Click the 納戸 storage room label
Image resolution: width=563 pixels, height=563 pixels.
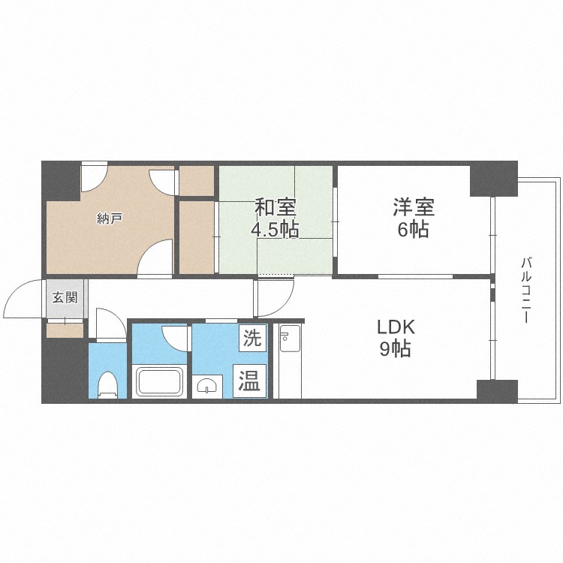pos(110,219)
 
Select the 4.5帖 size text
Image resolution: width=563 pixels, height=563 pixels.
pos(275,230)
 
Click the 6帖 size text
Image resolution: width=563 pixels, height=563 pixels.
pos(414,230)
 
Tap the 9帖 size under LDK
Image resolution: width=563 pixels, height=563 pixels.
pos(395,349)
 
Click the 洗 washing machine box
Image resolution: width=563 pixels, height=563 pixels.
pos(251,338)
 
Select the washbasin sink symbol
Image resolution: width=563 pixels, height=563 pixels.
pos(206,385)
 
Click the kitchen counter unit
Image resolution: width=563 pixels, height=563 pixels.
pos(289,360)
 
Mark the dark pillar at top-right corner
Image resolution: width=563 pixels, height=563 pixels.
pos(493,179)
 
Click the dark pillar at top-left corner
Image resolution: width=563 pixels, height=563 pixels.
pos(60,180)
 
